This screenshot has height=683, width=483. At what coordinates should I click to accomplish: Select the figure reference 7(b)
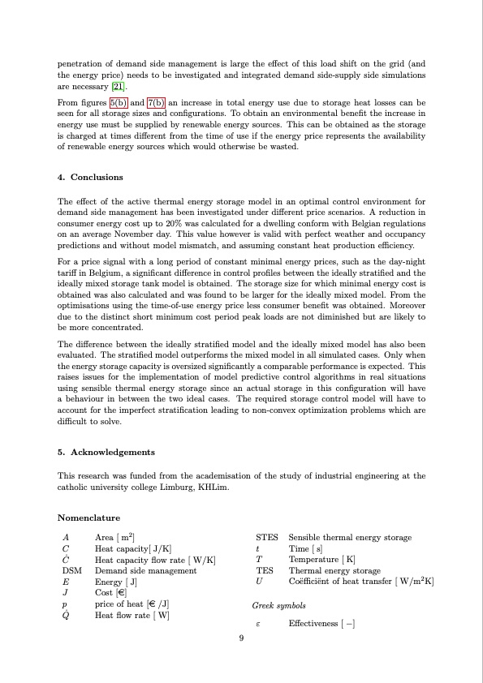tap(156, 103)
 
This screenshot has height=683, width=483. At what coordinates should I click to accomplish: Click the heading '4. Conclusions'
tap(90, 177)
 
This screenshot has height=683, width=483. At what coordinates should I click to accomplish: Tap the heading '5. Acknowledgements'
tap(106, 452)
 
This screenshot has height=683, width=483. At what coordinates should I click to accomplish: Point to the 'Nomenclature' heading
tap(88, 518)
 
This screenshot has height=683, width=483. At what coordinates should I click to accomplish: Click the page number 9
tap(241, 638)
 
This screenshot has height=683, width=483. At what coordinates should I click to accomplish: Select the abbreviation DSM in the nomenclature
tap(71, 571)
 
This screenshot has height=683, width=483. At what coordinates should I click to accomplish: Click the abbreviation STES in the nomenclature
tap(266, 538)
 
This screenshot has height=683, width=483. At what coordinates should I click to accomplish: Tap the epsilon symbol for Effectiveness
tap(257, 624)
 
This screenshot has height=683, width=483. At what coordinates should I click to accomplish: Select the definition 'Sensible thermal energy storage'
tap(350, 538)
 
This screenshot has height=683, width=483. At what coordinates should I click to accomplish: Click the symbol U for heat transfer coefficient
tap(258, 582)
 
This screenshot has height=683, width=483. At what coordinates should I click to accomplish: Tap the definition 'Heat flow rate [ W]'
tap(132, 616)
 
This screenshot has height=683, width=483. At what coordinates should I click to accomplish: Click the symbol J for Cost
tap(64, 593)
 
